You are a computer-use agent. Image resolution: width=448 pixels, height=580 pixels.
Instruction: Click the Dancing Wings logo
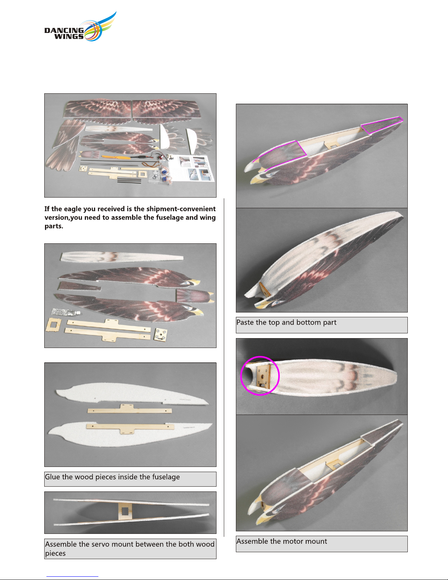pyautogui.click(x=80, y=27)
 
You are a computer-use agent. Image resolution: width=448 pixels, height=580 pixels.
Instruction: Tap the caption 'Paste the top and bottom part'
pyautogui.click(x=286, y=322)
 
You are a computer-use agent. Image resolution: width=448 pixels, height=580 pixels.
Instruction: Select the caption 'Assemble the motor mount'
pyautogui.click(x=282, y=541)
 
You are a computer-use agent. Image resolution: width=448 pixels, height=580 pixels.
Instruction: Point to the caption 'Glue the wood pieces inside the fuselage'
pyautogui.click(x=112, y=477)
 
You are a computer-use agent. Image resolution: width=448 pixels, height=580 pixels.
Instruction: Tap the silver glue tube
pyautogui.click(x=65, y=311)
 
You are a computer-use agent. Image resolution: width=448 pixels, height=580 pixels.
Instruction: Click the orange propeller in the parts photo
pyautogui.click(x=116, y=157)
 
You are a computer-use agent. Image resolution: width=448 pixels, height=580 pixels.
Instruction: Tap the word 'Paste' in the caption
pyautogui.click(x=245, y=322)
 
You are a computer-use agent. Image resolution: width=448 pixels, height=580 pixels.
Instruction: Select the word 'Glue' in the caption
pyautogui.click(x=52, y=477)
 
